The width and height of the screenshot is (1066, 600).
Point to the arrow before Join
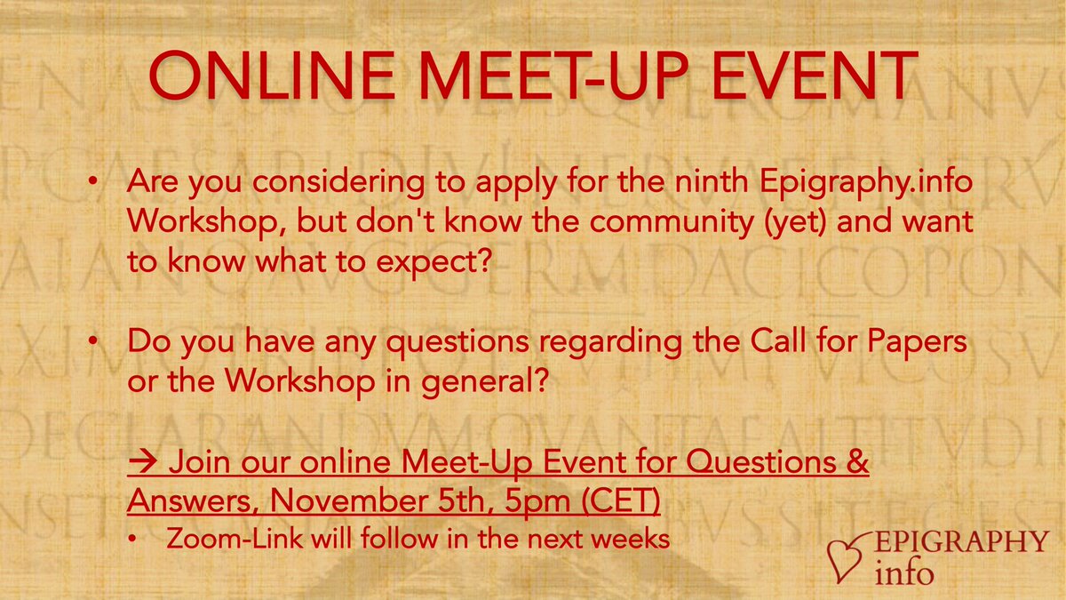142,463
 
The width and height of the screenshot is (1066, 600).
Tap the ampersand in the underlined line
856,463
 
